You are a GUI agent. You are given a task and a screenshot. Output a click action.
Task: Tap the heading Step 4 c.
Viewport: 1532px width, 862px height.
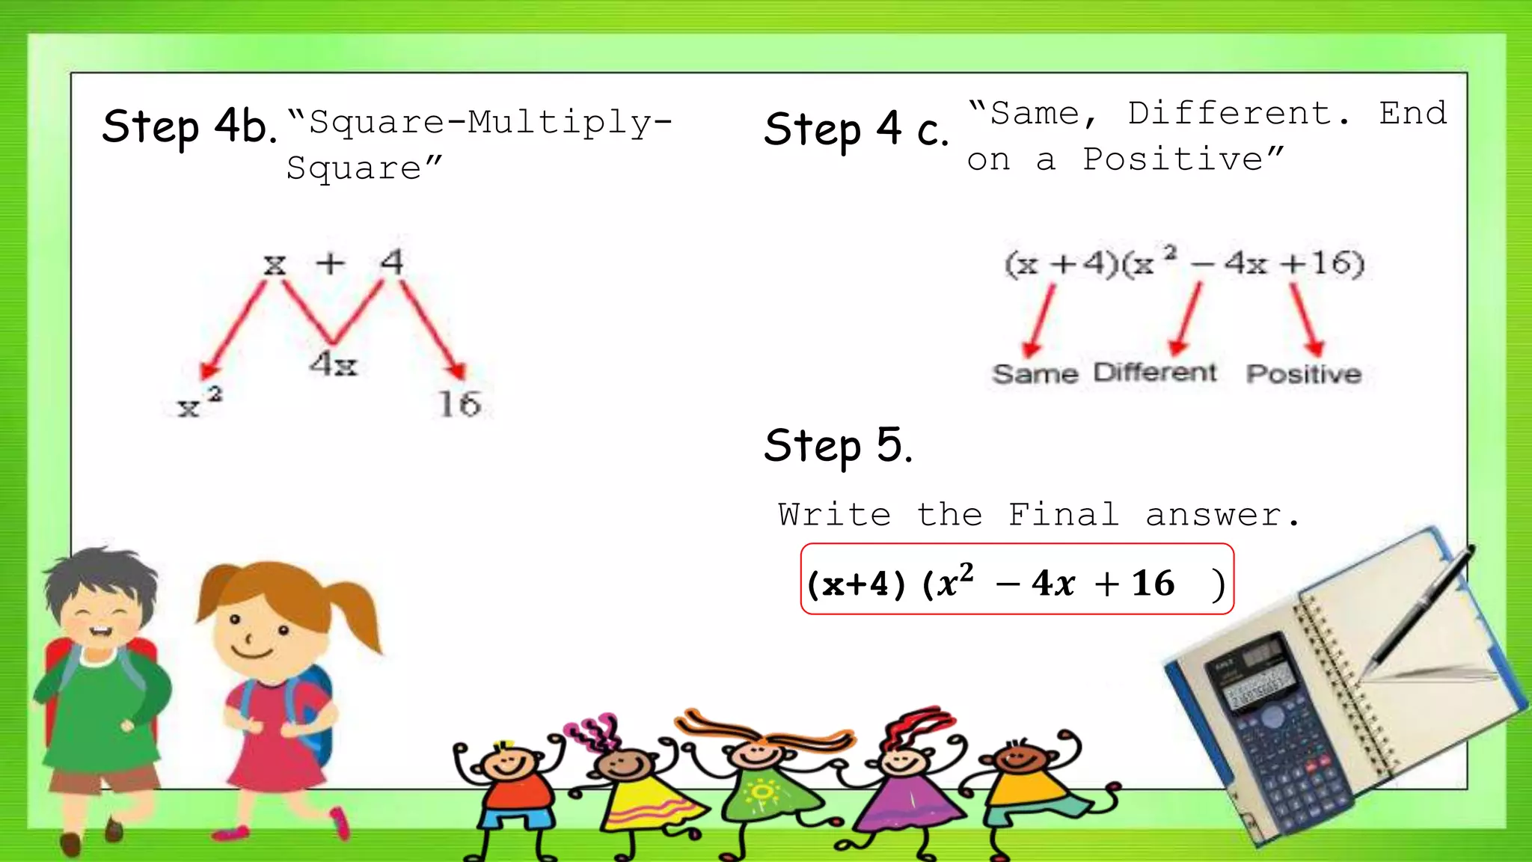coord(856,129)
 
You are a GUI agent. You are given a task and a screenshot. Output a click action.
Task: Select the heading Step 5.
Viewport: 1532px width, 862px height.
coord(838,446)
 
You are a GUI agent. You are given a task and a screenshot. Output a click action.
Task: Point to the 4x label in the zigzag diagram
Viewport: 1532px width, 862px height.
coord(334,364)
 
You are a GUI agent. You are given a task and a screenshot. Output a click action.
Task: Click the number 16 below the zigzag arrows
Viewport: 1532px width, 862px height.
coord(459,405)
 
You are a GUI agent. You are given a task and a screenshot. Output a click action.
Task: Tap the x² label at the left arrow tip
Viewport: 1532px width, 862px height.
coord(199,403)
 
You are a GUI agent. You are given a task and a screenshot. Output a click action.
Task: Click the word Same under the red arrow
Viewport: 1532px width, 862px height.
coord(1035,373)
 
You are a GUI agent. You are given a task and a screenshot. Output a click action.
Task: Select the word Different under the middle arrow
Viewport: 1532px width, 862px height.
coord(1155,372)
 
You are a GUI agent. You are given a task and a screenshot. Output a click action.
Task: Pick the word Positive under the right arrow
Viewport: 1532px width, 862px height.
coord(1303,373)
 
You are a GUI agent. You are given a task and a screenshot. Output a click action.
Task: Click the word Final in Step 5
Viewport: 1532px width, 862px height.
coord(1063,515)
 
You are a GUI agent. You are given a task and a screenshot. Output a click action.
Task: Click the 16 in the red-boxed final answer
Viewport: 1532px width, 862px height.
coord(1153,584)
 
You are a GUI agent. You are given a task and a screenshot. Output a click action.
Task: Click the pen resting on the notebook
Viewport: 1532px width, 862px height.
coord(1421,606)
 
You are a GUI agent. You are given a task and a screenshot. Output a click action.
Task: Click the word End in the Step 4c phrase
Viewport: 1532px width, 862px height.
coord(1412,114)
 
